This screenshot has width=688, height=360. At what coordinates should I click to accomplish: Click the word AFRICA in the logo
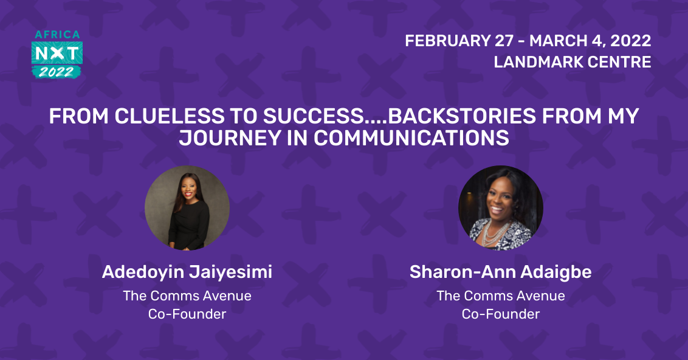(57, 35)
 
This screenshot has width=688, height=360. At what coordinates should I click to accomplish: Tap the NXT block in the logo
(57, 54)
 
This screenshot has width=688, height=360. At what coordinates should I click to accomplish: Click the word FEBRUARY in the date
(447, 41)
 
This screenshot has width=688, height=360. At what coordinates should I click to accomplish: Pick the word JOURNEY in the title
(230, 138)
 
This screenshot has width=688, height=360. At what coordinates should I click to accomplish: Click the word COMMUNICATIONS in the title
(411, 138)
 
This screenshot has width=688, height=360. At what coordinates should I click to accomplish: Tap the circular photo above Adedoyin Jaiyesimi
(187, 208)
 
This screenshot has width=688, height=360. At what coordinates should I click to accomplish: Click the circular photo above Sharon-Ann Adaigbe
(501, 208)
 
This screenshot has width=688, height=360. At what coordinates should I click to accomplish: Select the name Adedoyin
(143, 272)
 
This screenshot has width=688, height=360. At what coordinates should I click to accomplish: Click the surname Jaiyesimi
(231, 272)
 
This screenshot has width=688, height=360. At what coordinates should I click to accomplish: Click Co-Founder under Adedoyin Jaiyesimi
(187, 314)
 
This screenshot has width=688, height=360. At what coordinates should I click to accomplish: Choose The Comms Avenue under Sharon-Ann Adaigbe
(501, 296)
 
